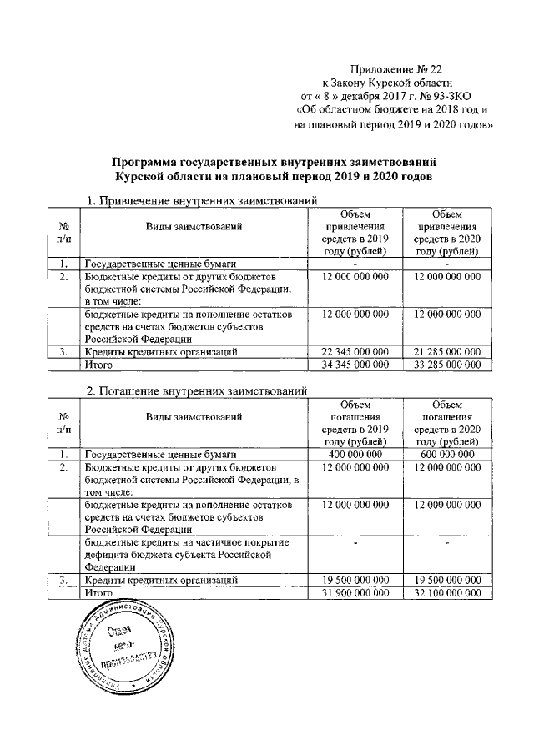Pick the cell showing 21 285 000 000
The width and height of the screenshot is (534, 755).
click(446, 352)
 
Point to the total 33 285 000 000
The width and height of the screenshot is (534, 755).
click(446, 365)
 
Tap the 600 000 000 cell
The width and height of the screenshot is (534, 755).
click(447, 454)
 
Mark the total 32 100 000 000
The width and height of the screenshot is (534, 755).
click(447, 593)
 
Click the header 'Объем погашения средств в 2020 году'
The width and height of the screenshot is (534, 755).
click(447, 423)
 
